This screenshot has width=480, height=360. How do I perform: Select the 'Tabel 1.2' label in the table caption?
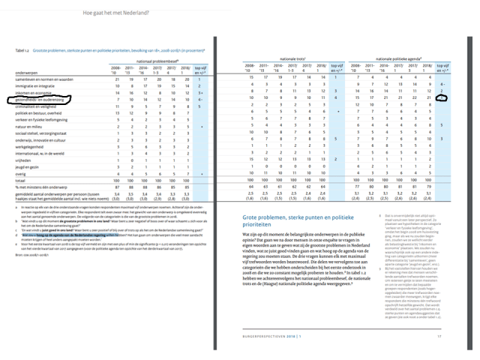(23, 50)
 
